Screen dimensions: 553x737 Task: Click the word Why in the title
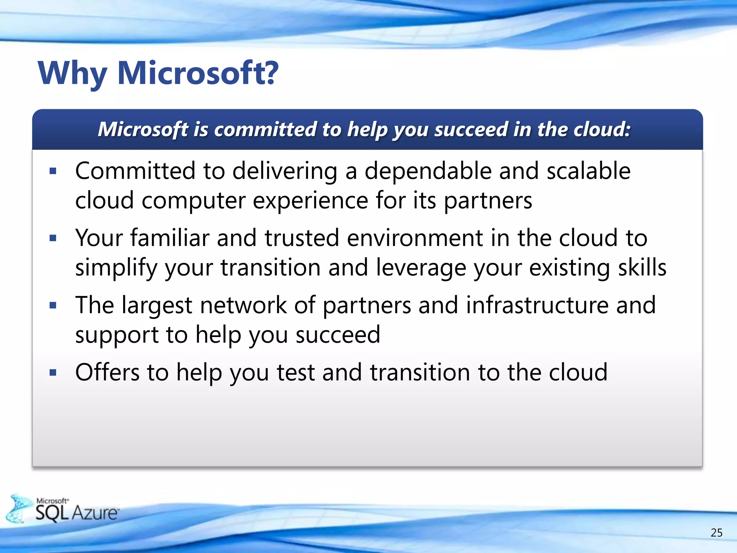click(72, 74)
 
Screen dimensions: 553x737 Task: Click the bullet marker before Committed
click(53, 171)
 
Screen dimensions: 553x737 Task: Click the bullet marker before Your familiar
click(53, 238)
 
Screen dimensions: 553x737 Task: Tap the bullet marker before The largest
click(53, 306)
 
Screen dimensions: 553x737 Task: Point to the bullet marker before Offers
click(53, 373)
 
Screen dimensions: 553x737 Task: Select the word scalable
click(588, 171)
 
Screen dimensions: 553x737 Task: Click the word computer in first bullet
click(193, 201)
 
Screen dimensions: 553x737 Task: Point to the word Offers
click(107, 372)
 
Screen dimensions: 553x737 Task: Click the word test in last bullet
click(296, 373)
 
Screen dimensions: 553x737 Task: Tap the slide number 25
click(716, 532)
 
